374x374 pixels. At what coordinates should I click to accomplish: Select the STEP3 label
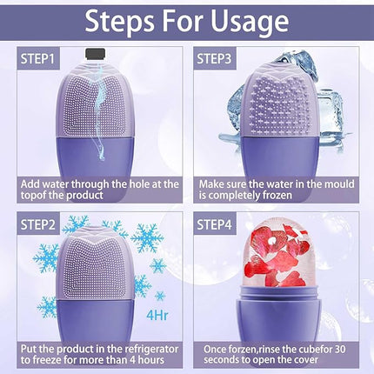(220, 59)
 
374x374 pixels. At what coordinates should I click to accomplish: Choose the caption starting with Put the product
(100, 353)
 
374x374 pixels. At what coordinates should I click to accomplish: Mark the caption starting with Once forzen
(277, 353)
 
